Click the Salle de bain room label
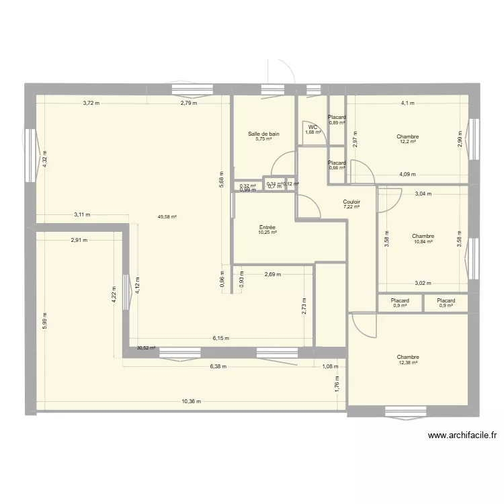(x=263, y=134)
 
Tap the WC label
(x=312, y=127)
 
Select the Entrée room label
(x=267, y=227)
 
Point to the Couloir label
(x=351, y=201)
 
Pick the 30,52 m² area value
(x=146, y=348)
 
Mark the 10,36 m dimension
(x=191, y=401)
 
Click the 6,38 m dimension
(x=218, y=366)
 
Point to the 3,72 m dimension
(x=91, y=103)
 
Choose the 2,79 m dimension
(x=188, y=103)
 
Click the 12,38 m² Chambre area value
(x=407, y=363)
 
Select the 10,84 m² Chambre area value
(x=423, y=242)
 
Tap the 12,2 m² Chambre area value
(x=408, y=142)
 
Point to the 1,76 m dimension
(x=337, y=385)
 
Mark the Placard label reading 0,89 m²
(x=337, y=123)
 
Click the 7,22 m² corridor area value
(x=351, y=207)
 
